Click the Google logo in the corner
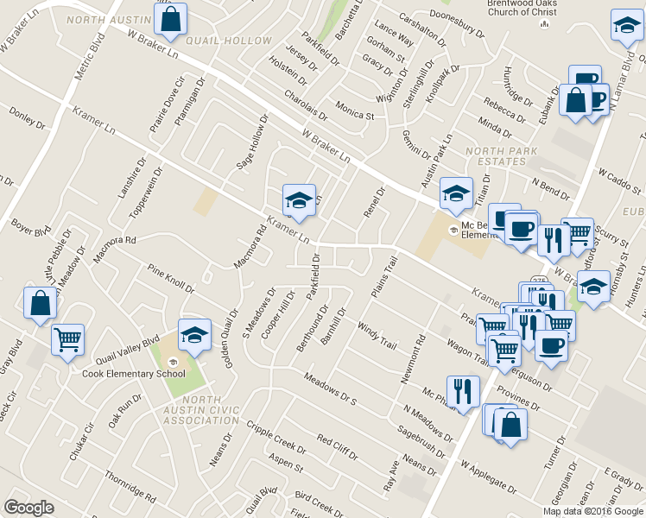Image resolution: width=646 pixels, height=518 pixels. tap(28, 508)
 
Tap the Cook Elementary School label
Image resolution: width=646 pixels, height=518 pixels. tap(133, 374)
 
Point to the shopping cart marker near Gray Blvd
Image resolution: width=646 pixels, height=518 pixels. tap(67, 338)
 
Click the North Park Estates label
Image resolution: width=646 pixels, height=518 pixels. tap(501, 157)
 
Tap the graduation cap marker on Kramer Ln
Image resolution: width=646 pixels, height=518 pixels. tap(299, 200)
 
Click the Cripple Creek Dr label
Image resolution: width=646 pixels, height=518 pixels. tap(275, 439)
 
